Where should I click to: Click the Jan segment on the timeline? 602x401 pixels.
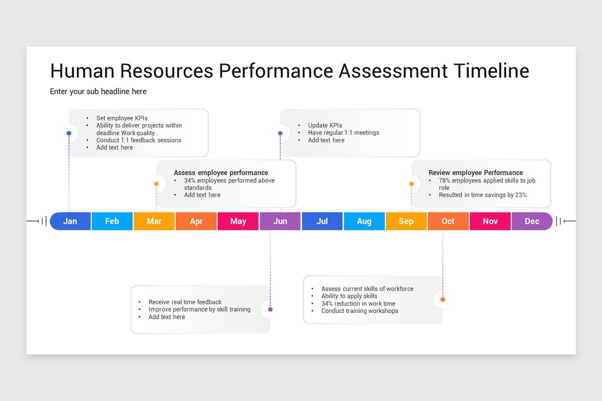(70, 221)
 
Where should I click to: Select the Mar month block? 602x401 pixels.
(154, 221)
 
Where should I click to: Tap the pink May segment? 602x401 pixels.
(238, 221)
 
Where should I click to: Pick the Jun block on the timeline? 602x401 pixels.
(280, 221)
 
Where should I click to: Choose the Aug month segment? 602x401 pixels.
(364, 221)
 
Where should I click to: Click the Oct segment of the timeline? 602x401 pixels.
(448, 221)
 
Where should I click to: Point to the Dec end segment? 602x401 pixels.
(532, 221)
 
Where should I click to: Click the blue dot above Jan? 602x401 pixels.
(69, 133)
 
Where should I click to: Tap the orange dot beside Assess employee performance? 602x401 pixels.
(157, 184)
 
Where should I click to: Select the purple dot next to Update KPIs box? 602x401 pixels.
(280, 133)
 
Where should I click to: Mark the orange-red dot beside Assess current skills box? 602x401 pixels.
(442, 300)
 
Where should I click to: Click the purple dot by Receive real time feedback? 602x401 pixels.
(270, 309)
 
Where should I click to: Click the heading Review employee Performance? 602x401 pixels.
(476, 173)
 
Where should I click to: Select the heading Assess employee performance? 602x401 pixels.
(221, 173)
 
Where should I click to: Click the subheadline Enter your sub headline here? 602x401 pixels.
(98, 92)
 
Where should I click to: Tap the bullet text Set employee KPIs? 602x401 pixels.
(122, 118)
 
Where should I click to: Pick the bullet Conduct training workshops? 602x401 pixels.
(360, 311)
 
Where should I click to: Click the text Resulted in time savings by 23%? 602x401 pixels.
(483, 195)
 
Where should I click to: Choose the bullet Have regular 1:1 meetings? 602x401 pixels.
(344, 133)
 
